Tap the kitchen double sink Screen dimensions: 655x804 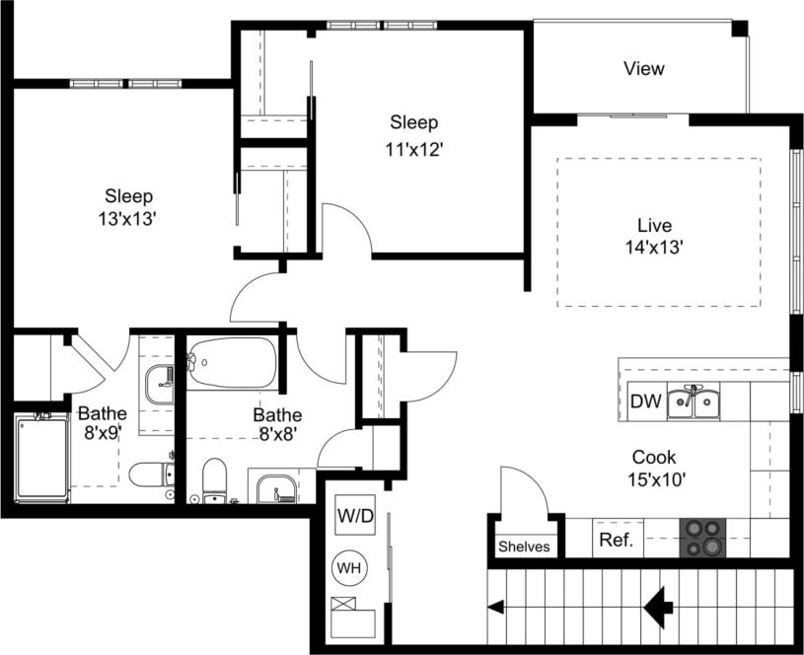pyautogui.click(x=693, y=402)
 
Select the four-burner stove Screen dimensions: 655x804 pyautogui.click(x=703, y=539)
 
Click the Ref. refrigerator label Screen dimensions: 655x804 pyautogui.click(x=616, y=541)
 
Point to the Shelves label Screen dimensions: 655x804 pyautogui.click(x=524, y=546)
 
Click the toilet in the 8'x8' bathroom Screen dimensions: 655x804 pyautogui.click(x=215, y=481)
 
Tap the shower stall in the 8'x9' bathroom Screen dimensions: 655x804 pyautogui.click(x=41, y=458)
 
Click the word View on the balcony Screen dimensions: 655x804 pyautogui.click(x=643, y=69)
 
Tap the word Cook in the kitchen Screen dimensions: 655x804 pyautogui.click(x=653, y=457)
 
